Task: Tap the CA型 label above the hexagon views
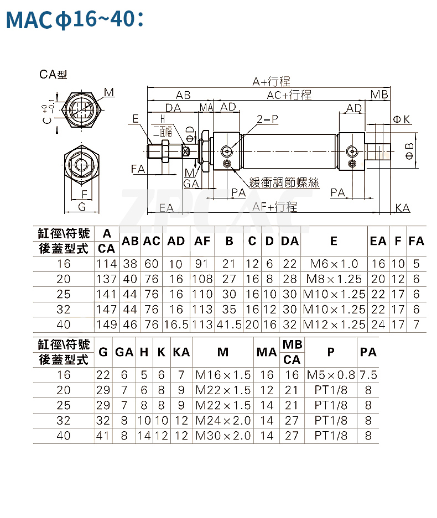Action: tap(53, 74)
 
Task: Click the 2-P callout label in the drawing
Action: tap(267, 119)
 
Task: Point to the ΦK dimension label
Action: tap(401, 119)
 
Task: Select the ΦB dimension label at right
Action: tap(409, 150)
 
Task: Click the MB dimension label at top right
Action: tap(379, 95)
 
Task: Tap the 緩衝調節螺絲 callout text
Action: tap(284, 182)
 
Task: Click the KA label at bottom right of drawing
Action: tap(403, 208)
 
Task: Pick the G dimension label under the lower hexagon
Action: tap(82, 207)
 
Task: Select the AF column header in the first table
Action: tap(202, 241)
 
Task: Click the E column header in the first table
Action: tap(334, 241)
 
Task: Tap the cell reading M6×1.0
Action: tap(334, 264)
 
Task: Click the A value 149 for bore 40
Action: tap(107, 325)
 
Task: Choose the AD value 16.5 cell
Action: tap(176, 325)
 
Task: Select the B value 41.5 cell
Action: tap(229, 325)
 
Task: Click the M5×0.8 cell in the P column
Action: tap(331, 375)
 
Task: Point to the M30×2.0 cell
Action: tap(223, 436)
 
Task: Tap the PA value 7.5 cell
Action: tap(368, 375)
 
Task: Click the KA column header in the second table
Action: tap(181, 352)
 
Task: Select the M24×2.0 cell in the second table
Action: tap(223, 420)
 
